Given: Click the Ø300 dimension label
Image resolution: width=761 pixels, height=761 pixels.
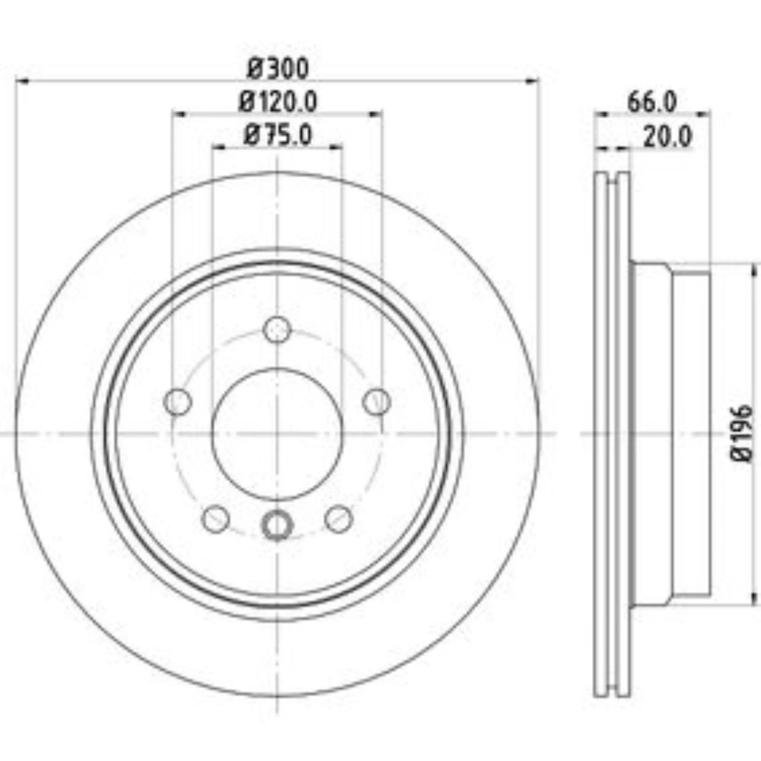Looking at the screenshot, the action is click(x=278, y=69).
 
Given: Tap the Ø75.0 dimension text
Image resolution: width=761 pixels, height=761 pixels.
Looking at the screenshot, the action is click(x=278, y=135).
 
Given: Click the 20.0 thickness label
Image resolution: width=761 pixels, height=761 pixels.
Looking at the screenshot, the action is click(x=668, y=137).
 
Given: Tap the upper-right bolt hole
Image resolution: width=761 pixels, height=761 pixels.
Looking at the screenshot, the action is click(x=377, y=402).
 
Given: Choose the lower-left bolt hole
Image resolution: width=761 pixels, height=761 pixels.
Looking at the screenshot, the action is click(x=216, y=519).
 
